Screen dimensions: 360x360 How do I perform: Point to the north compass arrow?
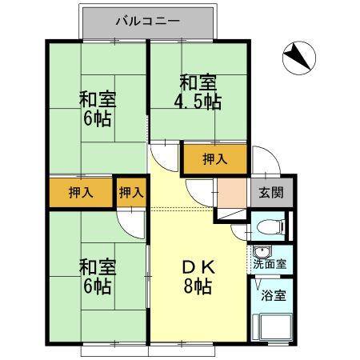pos(298,57)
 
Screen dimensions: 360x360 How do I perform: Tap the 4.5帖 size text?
pos(199,102)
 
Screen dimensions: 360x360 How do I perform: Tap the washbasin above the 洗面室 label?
pos(257,250)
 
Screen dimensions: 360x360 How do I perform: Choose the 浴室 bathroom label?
pos(271,293)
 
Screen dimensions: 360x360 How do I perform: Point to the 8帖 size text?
pos(195,287)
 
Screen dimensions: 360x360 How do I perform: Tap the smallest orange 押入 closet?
pos(131,192)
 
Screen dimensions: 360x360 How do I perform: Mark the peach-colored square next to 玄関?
pos(232,192)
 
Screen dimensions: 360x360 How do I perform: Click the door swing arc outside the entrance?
pos(264,160)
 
